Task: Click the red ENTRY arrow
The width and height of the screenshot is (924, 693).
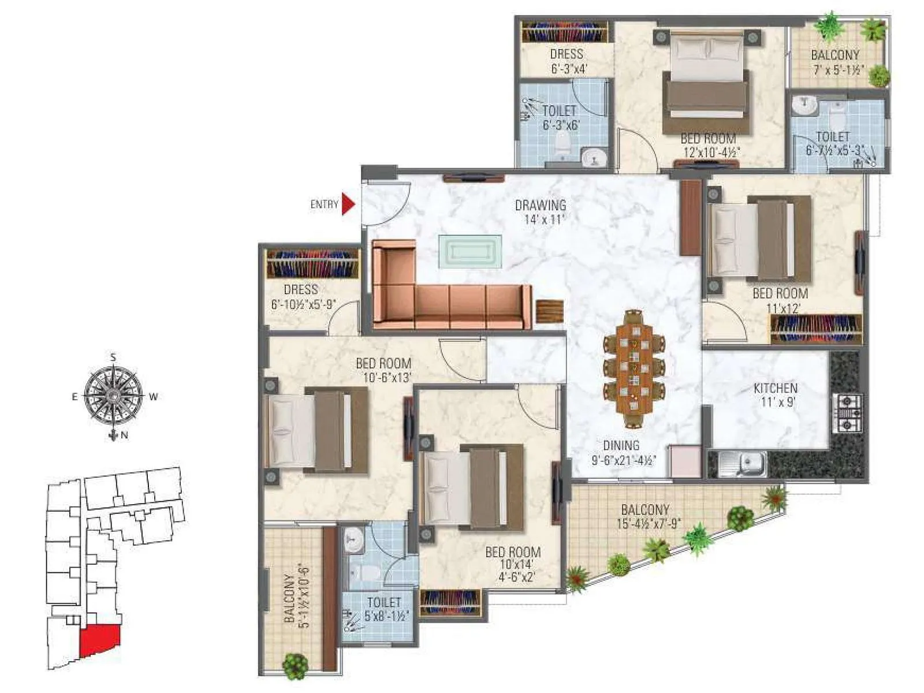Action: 348,204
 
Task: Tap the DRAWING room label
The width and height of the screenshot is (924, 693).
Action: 540,206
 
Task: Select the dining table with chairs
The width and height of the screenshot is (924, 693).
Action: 634,362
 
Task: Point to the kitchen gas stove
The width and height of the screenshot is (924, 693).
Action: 847,413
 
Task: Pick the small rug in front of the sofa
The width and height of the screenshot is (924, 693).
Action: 470,251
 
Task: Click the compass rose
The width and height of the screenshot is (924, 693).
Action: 114,396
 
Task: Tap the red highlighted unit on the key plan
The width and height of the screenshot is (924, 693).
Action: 99,639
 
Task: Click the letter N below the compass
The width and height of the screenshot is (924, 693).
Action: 124,436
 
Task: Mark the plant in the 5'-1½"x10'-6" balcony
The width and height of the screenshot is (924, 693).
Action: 295,666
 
